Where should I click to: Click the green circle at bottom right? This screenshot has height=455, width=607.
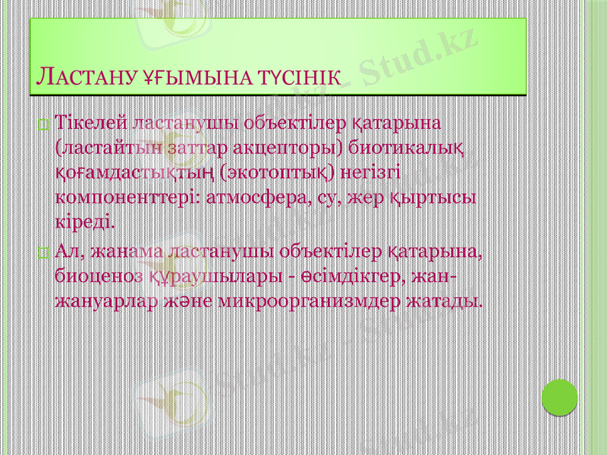tap(561, 395)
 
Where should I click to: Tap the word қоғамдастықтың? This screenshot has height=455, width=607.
tap(134, 172)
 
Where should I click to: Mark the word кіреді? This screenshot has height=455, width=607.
tap(86, 223)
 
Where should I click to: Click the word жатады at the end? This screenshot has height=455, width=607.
tap(443, 300)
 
